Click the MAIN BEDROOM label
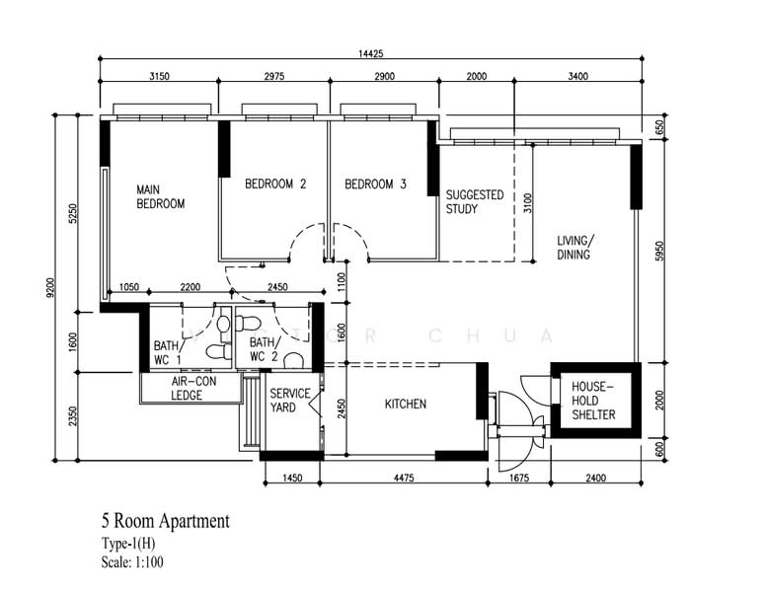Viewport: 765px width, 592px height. tap(160, 196)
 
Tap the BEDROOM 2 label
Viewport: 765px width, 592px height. tap(275, 184)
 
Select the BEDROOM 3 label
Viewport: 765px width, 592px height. tap(375, 184)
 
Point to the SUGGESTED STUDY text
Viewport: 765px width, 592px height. tap(474, 202)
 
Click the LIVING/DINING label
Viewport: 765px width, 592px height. tap(574, 248)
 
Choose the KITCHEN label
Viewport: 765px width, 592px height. tap(405, 404)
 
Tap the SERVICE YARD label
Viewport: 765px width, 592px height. tap(290, 401)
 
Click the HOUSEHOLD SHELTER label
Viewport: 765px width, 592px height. tap(594, 401)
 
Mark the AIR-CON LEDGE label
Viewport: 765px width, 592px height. tap(187, 388)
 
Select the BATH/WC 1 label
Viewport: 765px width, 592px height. tap(167, 351)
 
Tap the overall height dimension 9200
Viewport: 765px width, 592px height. tap(63, 286)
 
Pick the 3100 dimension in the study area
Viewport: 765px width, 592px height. tap(528, 203)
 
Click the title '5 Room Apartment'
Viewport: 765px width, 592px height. tap(165, 520)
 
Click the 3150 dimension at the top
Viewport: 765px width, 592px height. tap(158, 77)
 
